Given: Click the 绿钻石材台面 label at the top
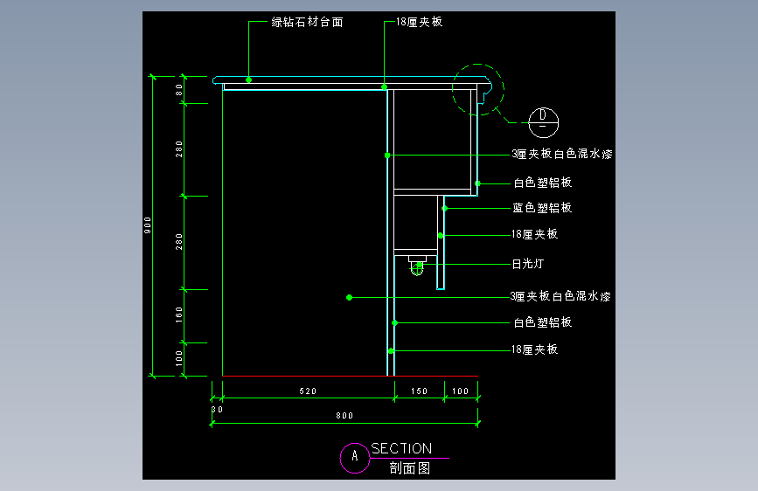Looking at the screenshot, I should click(x=307, y=23).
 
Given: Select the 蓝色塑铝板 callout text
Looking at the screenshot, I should click(x=542, y=209).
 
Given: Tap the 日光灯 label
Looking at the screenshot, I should click(x=527, y=264).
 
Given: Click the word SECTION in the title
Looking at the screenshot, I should click(x=401, y=448).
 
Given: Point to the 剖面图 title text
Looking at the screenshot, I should click(x=410, y=468).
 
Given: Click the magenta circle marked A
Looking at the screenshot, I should click(x=354, y=457).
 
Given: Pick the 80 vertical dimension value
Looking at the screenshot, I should click(x=178, y=88).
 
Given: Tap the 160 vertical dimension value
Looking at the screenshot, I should click(x=178, y=313).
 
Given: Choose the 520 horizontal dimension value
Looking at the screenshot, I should click(x=307, y=391).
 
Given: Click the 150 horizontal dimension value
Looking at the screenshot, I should click(x=420, y=391).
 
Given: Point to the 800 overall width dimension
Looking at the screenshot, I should click(x=344, y=416).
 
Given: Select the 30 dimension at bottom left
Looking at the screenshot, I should click(x=217, y=409).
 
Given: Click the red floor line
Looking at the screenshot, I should click(x=350, y=377).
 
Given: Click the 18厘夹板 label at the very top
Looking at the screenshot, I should click(x=419, y=23).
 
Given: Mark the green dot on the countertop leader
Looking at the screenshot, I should click(x=249, y=80).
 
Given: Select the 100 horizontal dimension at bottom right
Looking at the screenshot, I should click(x=461, y=391).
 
